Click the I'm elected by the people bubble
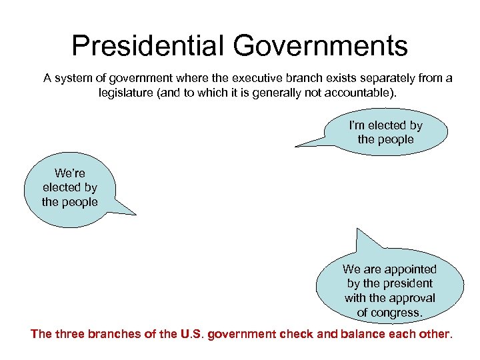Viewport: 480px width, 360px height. click(385, 132)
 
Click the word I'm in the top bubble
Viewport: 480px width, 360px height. click(357, 125)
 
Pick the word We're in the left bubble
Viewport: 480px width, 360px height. click(70, 173)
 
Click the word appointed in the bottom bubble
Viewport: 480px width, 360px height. click(407, 269)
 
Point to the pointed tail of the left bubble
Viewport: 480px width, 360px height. click(135, 214)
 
